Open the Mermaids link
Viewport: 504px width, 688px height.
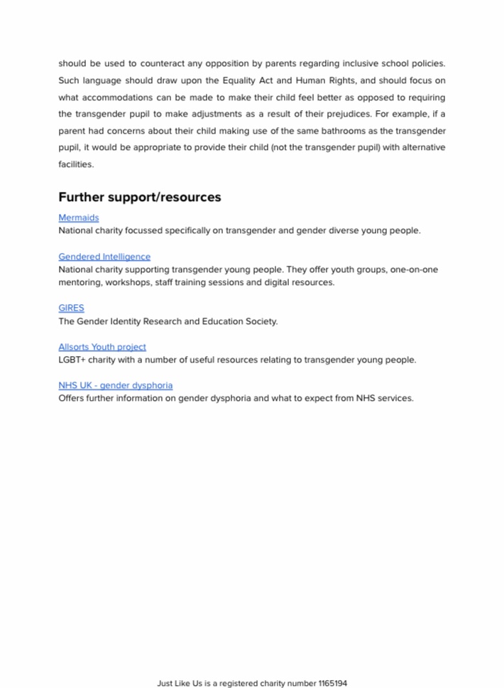[x=78, y=217]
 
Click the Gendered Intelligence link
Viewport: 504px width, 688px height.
[x=104, y=257]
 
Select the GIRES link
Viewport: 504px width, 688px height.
[x=71, y=308]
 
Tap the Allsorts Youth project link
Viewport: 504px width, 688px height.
[x=102, y=347]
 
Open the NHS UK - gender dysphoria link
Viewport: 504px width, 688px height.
[x=115, y=385]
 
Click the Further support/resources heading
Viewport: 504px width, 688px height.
[x=139, y=197]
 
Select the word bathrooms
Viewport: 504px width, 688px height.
[x=314, y=131]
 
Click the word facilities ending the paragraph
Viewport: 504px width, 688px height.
[x=75, y=164]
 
